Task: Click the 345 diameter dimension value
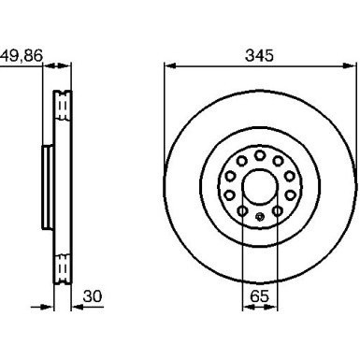coord(259,55)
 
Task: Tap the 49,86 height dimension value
coord(21,55)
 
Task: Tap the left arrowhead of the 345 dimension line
coord(169,65)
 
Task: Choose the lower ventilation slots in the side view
coord(63,268)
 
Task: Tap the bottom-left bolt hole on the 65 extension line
coord(242,213)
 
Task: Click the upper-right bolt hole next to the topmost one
coord(277,158)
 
